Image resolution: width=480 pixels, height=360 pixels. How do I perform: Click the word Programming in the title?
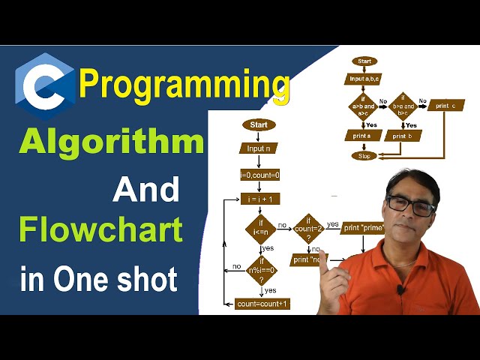(x=184, y=83)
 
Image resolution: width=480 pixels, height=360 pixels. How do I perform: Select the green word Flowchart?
(x=100, y=229)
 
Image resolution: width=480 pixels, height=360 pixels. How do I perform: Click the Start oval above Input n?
(x=259, y=124)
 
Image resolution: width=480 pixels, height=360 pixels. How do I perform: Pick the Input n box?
(x=259, y=148)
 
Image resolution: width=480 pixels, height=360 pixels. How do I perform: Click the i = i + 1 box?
(x=259, y=199)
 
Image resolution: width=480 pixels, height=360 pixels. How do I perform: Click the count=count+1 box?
(x=262, y=304)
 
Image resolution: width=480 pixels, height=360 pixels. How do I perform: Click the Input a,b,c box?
(x=364, y=78)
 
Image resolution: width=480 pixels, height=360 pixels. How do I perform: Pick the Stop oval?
(x=364, y=156)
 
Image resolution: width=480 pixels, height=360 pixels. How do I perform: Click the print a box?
(x=363, y=136)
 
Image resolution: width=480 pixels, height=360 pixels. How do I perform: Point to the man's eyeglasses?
(x=410, y=205)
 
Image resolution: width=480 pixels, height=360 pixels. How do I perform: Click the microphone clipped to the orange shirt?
(x=402, y=289)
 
